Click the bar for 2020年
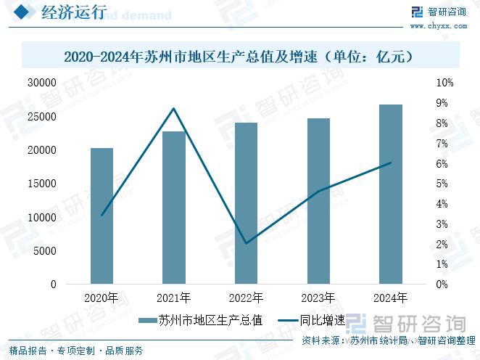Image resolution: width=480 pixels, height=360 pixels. pyautogui.click(x=102, y=216)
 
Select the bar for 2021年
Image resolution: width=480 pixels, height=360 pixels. pyautogui.click(x=174, y=208)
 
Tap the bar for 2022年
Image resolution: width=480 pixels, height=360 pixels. pyautogui.click(x=247, y=203)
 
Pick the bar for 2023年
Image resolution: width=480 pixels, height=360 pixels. pyautogui.click(x=319, y=201)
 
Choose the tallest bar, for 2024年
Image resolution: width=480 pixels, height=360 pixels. pyautogui.click(x=391, y=194)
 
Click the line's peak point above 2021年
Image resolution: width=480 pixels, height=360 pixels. pyautogui.click(x=174, y=109)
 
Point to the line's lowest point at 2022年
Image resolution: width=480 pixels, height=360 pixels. pyautogui.click(x=247, y=243)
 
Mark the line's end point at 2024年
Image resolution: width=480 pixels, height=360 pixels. pyautogui.click(x=391, y=163)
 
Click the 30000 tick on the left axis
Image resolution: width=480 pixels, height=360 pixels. pyautogui.click(x=42, y=83)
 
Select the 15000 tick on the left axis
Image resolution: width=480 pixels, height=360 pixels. pyautogui.click(x=42, y=184)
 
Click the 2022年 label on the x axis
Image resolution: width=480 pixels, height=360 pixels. pyautogui.click(x=247, y=298)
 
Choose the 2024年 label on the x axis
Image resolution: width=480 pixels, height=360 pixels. pyautogui.click(x=391, y=298)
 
